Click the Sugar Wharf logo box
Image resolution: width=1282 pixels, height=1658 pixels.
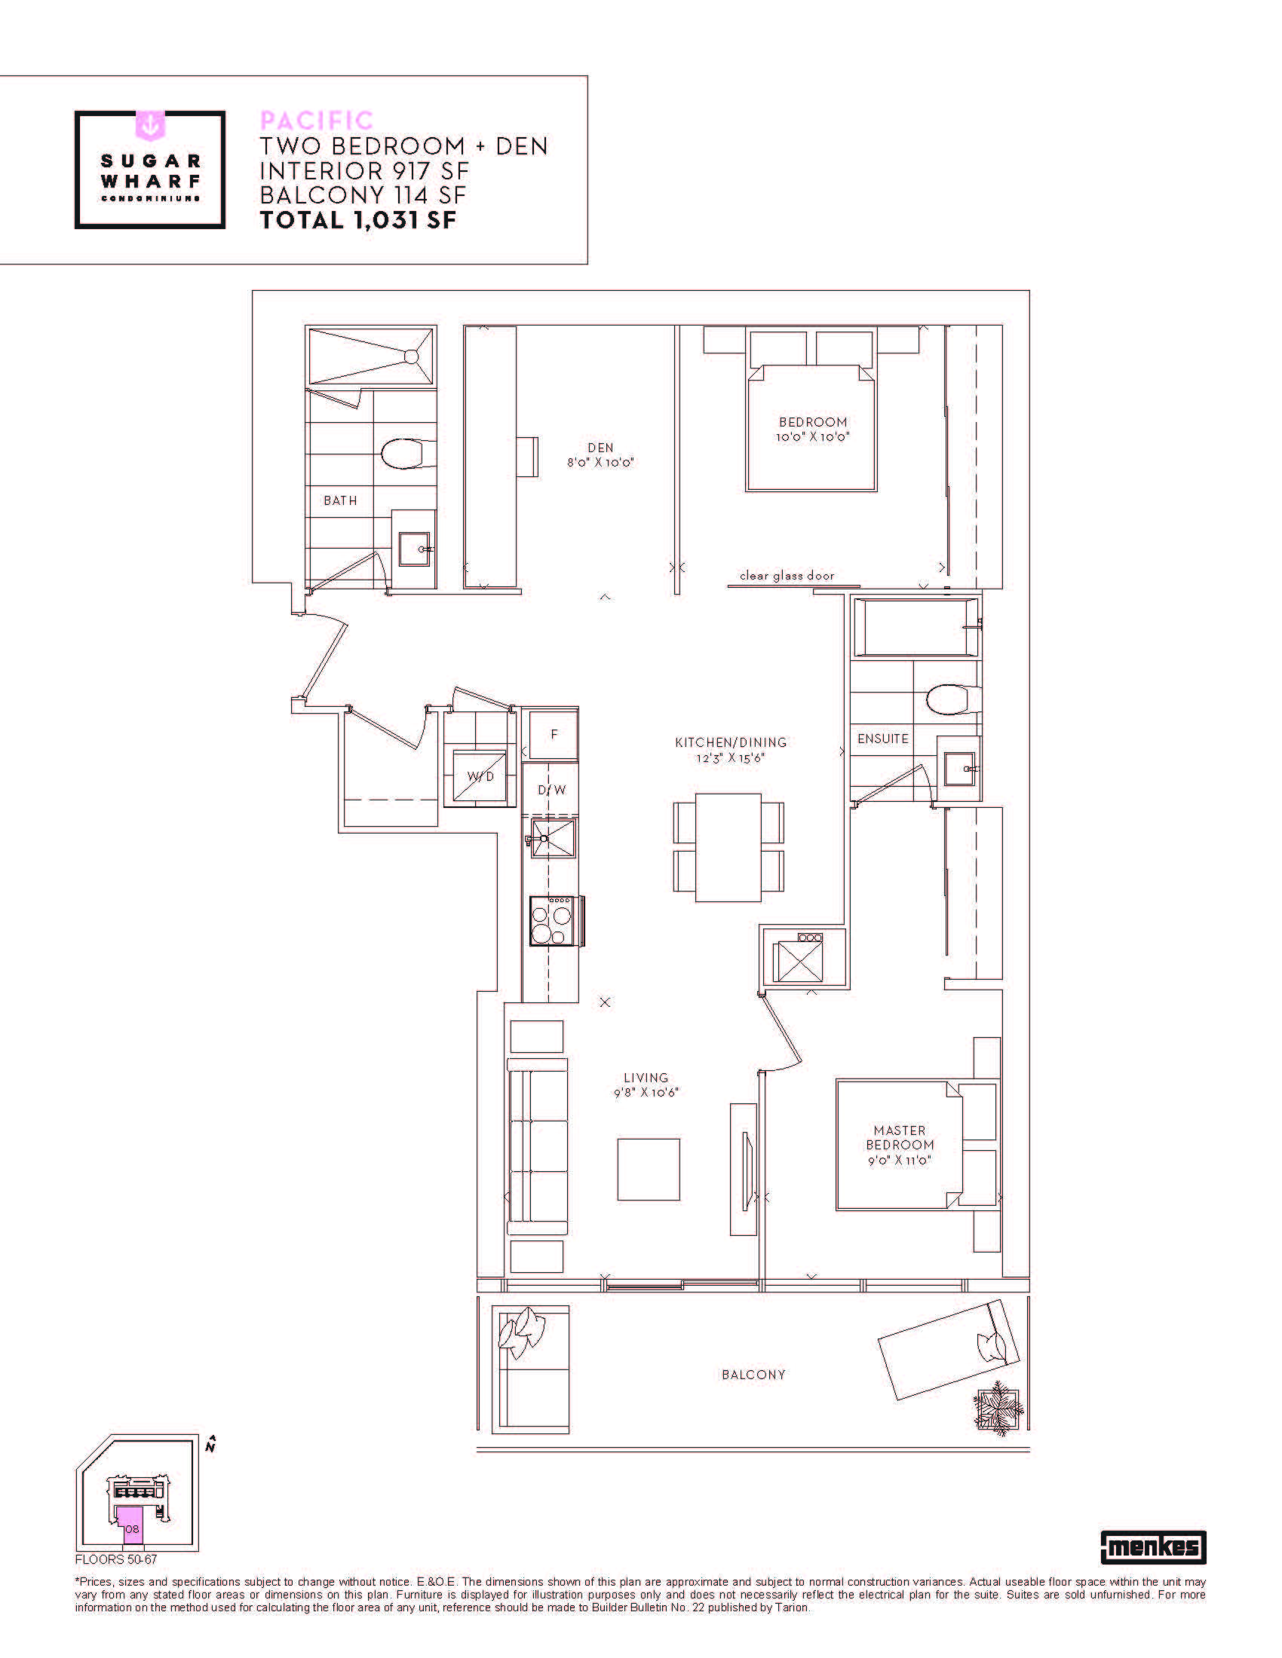point(149,170)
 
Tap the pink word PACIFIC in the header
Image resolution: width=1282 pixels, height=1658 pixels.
point(317,121)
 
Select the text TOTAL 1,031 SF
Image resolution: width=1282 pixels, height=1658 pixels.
point(357,220)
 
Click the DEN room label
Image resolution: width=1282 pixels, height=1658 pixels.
point(600,454)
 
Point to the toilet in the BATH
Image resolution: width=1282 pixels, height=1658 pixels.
point(407,454)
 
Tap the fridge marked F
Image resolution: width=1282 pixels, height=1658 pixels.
point(554,734)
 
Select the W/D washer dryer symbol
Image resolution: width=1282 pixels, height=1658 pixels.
point(480,775)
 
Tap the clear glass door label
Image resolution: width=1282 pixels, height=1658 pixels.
point(787,576)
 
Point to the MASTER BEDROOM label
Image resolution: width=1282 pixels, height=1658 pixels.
point(900,1145)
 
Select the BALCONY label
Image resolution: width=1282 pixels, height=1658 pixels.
point(753,1375)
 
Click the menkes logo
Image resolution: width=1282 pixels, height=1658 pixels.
point(1153,1546)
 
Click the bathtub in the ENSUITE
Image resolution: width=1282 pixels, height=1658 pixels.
point(916,627)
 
